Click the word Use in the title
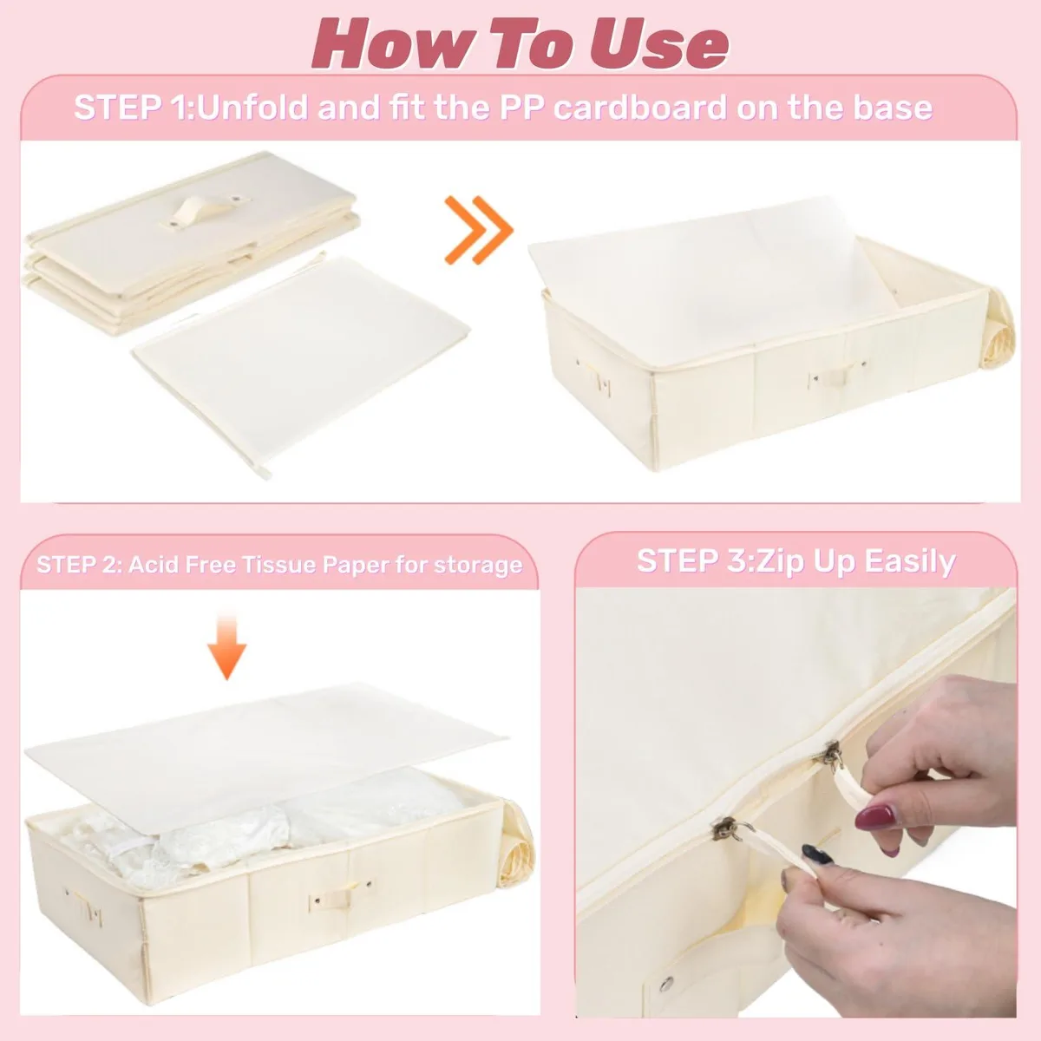pyautogui.click(x=658, y=43)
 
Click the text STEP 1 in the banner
pyautogui.click(x=133, y=107)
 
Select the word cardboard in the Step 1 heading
pyautogui.click(x=639, y=107)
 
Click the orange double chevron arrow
pyautogui.click(x=478, y=231)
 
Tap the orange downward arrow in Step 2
pyautogui.click(x=227, y=646)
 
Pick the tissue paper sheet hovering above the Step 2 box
pyautogui.click(x=265, y=756)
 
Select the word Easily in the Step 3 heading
pyautogui.click(x=910, y=562)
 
